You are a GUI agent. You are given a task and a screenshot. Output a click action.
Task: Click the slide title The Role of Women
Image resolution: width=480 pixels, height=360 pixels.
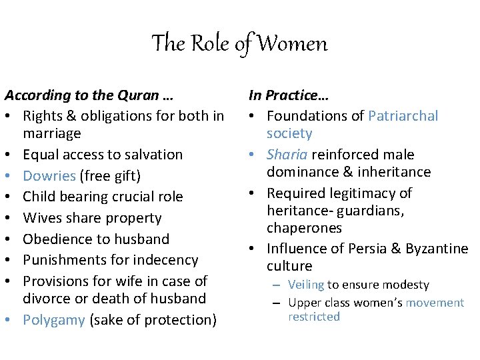point(239,44)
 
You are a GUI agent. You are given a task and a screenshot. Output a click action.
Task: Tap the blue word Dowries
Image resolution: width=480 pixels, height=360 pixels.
point(49,175)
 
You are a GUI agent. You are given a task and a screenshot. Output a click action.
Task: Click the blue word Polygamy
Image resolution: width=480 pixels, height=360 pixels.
point(53,320)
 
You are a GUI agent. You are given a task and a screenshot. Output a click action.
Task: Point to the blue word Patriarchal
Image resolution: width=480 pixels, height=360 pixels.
point(403,116)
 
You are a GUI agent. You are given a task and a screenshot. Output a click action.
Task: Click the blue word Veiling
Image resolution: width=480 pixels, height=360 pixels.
point(306,285)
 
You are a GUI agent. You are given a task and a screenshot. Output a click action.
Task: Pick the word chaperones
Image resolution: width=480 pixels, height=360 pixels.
point(304,228)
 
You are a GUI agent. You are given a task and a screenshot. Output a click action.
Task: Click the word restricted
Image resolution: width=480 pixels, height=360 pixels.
point(313,317)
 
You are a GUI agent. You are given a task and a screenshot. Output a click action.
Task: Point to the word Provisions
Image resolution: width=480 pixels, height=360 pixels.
point(57,281)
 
